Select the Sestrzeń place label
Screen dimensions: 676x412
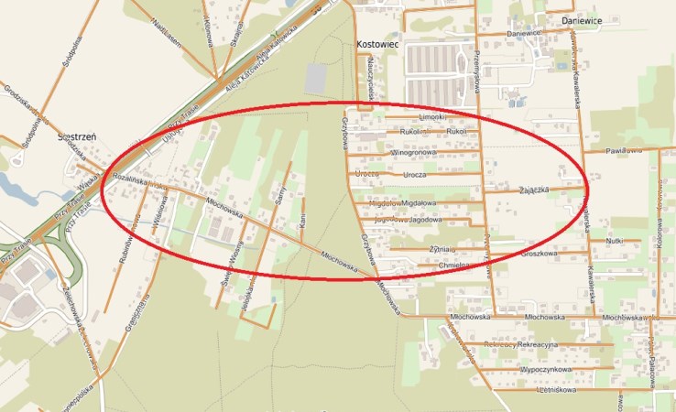pos(77,136)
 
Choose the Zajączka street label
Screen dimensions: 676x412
pos(533,190)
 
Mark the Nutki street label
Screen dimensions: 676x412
pos(614,241)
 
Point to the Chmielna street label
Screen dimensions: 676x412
pos(455,266)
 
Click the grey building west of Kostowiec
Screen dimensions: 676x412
pos(314,78)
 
